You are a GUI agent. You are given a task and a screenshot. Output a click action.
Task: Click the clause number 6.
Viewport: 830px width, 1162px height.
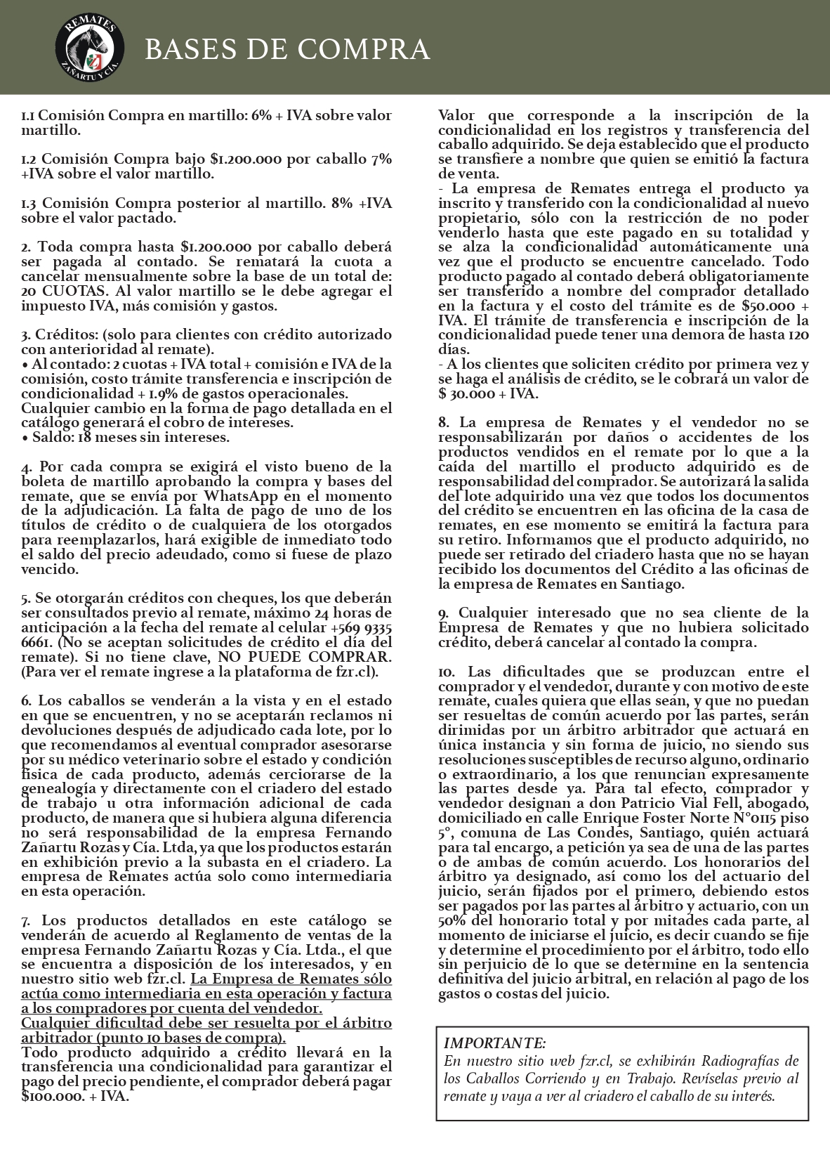tap(26, 701)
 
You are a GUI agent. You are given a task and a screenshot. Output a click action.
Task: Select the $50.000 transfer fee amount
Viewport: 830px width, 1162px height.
tap(769, 306)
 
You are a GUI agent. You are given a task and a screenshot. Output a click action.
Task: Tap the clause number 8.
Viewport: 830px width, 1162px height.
tap(443, 423)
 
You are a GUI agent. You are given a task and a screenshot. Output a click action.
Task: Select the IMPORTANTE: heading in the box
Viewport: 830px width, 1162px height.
tap(495, 1043)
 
